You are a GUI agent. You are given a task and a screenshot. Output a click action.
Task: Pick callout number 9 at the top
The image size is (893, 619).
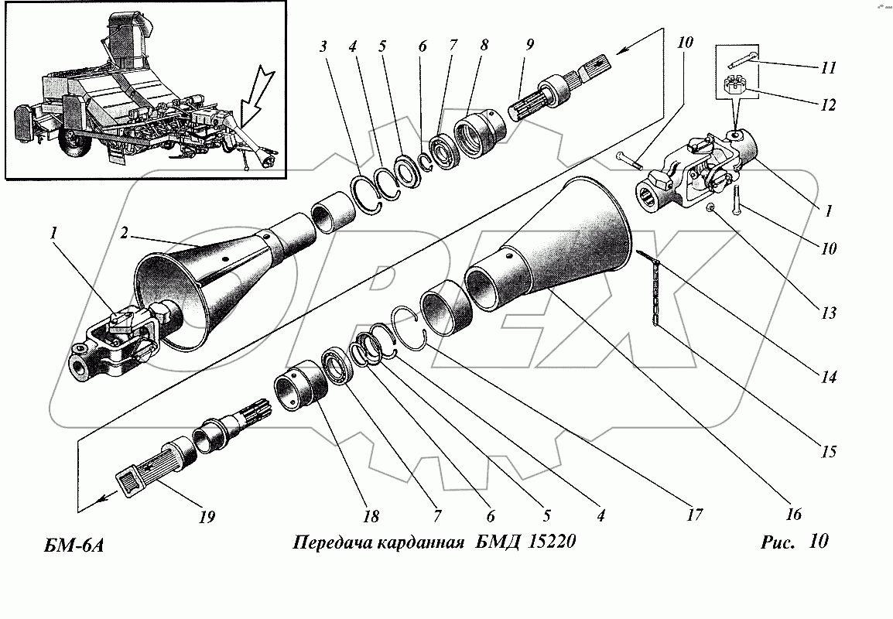[x=529, y=45]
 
